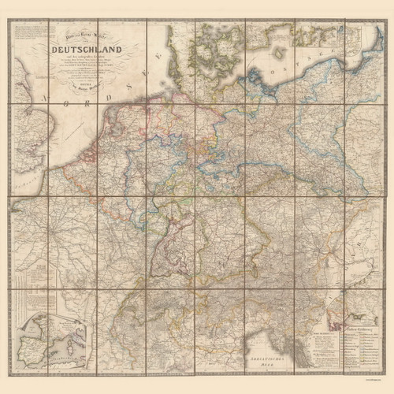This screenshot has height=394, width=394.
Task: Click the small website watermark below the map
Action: pyautogui.click(x=374, y=380)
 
